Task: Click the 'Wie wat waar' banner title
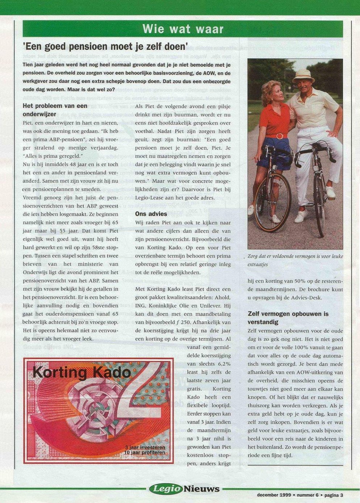(x=183, y=29)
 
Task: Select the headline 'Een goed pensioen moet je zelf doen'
(x=105, y=46)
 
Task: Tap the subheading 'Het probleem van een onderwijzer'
(x=55, y=110)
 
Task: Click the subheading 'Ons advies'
(x=151, y=214)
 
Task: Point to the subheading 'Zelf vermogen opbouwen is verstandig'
(x=288, y=318)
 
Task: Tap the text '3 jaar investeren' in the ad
(x=145, y=448)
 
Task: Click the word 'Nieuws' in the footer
(x=201, y=489)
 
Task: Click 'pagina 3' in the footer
(x=334, y=495)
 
